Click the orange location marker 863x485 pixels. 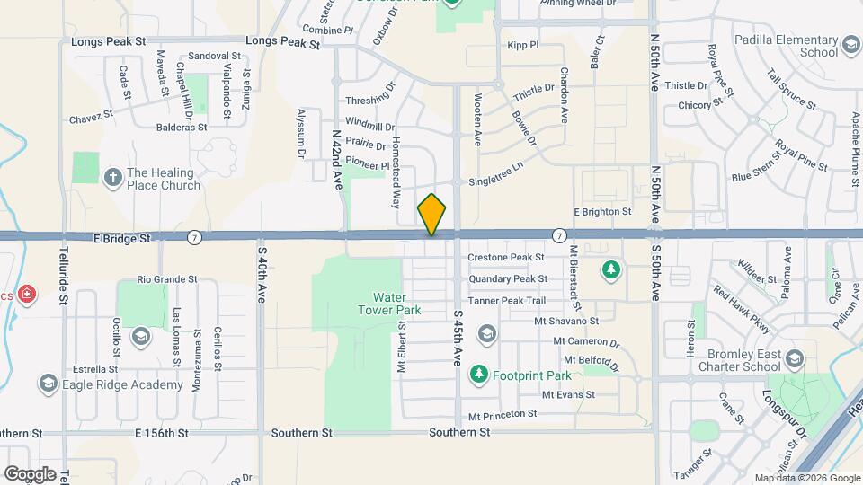click(432, 214)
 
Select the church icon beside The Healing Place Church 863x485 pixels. click(113, 176)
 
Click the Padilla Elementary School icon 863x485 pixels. click(850, 45)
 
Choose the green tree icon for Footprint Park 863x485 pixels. click(479, 373)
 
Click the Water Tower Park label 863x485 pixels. click(396, 304)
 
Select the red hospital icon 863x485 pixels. click(28, 294)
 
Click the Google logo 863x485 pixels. click(30, 473)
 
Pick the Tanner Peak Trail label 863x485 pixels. click(506, 300)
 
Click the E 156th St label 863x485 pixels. click(161, 432)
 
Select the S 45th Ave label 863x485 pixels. click(457, 338)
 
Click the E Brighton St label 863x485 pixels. click(601, 212)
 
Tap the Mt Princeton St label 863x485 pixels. click(503, 414)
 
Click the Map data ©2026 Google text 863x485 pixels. click(806, 478)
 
